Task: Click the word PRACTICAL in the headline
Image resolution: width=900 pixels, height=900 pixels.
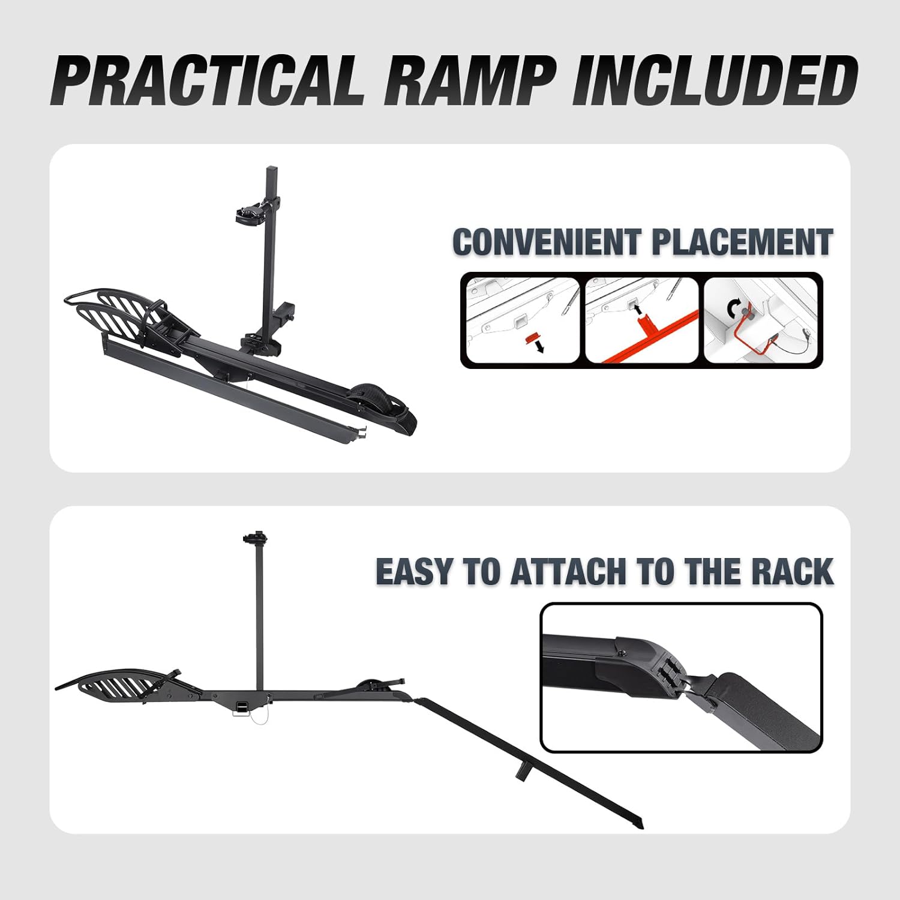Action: click(207, 81)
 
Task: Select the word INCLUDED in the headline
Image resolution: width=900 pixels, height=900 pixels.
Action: click(714, 81)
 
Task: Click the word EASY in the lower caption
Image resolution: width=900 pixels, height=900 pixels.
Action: click(415, 571)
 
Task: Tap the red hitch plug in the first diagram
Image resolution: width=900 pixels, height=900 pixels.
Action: click(529, 338)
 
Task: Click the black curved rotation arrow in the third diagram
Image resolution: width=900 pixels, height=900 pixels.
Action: click(733, 308)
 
